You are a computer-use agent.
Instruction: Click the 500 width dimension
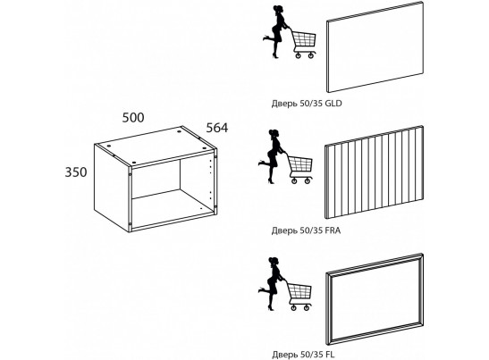click(x=133, y=118)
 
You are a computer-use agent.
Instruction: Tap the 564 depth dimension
click(x=217, y=128)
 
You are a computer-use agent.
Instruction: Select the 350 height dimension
click(x=76, y=172)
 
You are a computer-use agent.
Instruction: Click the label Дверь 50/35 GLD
click(x=307, y=103)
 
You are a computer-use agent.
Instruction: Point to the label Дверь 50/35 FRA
click(x=306, y=230)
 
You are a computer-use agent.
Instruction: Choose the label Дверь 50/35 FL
click(x=303, y=355)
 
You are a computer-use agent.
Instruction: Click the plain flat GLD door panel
click(x=375, y=46)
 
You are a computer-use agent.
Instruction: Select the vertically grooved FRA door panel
click(x=375, y=172)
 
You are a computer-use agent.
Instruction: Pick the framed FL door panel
click(x=375, y=299)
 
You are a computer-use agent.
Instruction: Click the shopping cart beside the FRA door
click(x=300, y=169)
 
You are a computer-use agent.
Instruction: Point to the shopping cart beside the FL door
click(x=299, y=296)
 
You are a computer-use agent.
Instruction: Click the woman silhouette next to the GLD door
click(x=276, y=32)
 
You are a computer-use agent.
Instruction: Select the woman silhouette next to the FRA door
click(x=272, y=156)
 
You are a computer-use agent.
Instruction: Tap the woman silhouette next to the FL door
click(x=272, y=284)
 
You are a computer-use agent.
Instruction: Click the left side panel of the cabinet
click(x=113, y=188)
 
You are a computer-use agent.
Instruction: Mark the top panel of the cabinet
click(x=155, y=146)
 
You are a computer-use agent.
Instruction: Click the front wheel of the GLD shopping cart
click(x=298, y=55)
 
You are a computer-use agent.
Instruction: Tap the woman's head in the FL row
click(x=274, y=260)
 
